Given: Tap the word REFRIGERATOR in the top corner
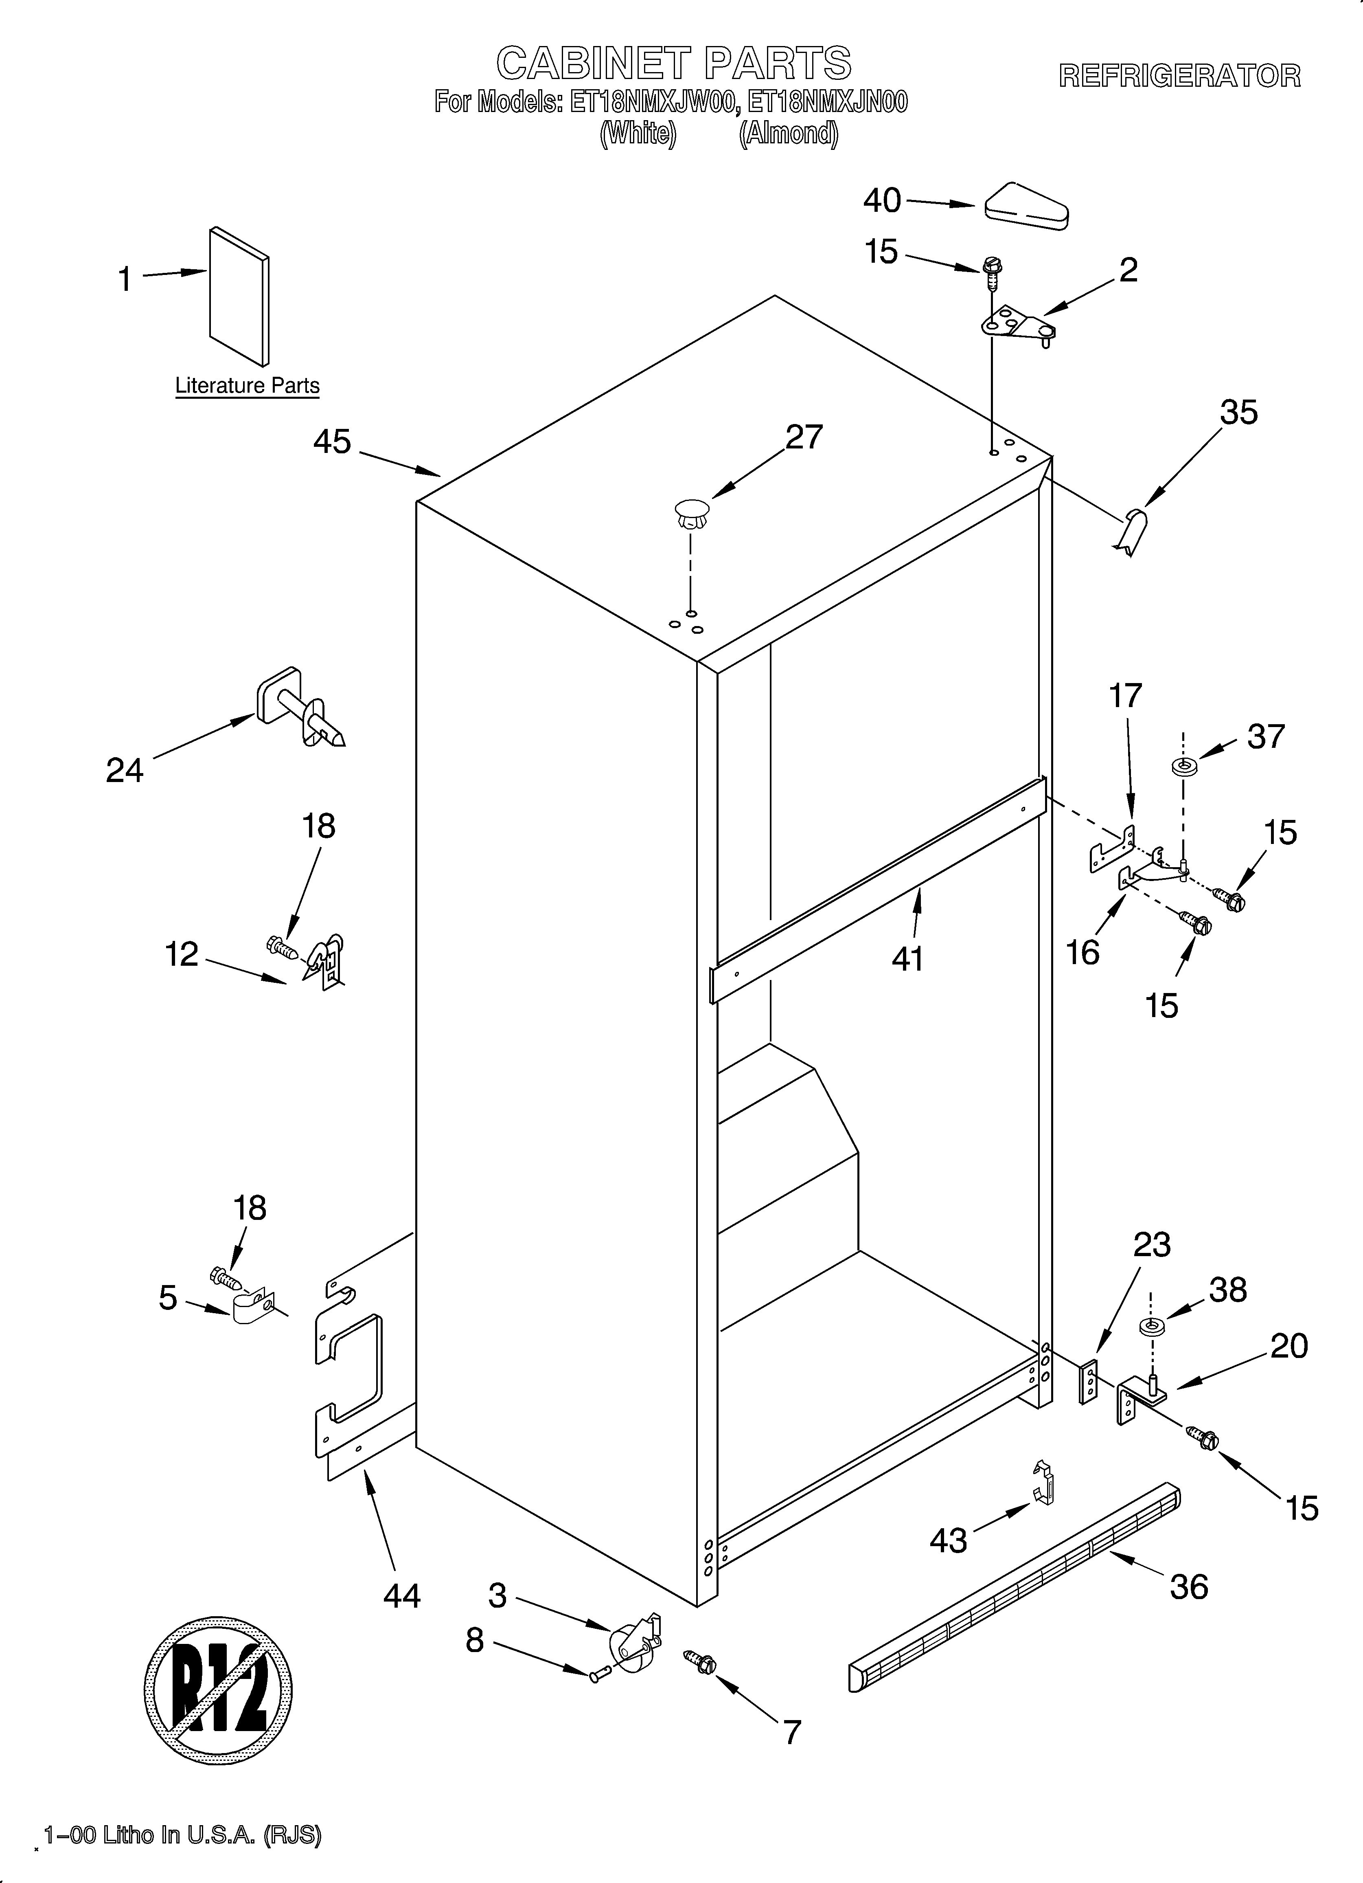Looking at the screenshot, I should pyautogui.click(x=1179, y=77).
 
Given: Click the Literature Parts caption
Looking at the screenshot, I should pyautogui.click(x=248, y=386).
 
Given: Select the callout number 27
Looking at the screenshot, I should pyautogui.click(x=804, y=437).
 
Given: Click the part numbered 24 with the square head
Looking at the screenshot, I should pyautogui.click(x=299, y=710).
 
